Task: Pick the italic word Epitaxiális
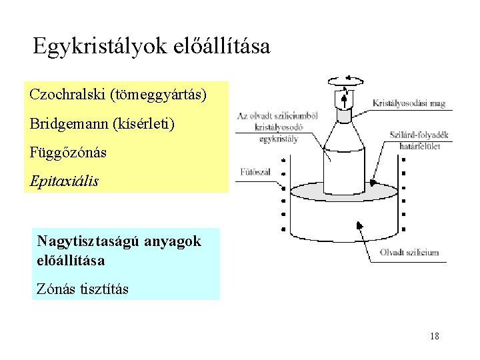coord(64,181)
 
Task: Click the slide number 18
coord(435,336)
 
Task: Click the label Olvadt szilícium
coord(409,252)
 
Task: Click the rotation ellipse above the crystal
coord(345,81)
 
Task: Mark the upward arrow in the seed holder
coord(345,101)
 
